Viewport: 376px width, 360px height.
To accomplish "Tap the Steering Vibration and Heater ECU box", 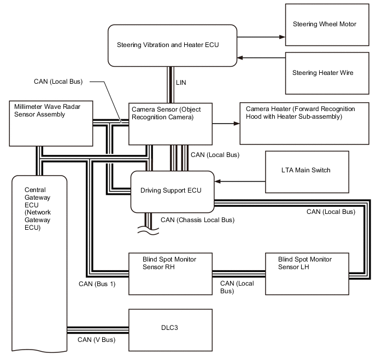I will point(173,45).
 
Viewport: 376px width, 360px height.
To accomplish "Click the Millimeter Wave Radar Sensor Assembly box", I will point(51,123).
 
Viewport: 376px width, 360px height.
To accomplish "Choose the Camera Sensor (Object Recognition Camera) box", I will point(170,124).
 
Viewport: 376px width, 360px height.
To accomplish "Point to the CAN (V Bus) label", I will point(96,340).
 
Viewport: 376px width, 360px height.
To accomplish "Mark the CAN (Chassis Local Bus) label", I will point(197,220).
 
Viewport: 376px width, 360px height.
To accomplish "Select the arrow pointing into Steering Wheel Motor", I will point(261,37).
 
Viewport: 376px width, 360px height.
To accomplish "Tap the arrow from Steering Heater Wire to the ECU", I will point(261,57).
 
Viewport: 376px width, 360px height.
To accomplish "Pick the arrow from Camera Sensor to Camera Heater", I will point(226,124).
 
